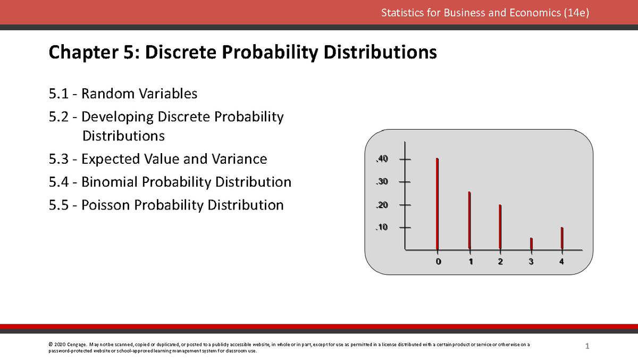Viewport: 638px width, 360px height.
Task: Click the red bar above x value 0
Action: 437,204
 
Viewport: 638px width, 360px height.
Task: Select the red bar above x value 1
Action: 469,220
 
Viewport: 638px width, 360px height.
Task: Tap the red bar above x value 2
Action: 500,227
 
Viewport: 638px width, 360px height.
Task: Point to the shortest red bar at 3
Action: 531,243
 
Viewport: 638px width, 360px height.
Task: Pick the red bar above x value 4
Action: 562,238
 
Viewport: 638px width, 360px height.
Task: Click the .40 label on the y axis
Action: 382,159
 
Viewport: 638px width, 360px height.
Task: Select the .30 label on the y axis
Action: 382,182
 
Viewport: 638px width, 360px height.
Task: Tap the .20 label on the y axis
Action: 382,205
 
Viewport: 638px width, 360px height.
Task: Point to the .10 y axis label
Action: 382,228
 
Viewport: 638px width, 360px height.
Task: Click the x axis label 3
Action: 531,262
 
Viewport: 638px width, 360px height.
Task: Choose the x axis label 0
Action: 438,262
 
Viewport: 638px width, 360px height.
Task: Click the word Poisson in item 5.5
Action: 105,205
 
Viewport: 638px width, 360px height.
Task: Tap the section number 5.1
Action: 58,94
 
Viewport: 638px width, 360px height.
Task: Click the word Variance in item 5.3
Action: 244,159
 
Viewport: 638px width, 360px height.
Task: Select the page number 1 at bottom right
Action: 587,347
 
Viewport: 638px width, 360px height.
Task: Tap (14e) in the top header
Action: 576,13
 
